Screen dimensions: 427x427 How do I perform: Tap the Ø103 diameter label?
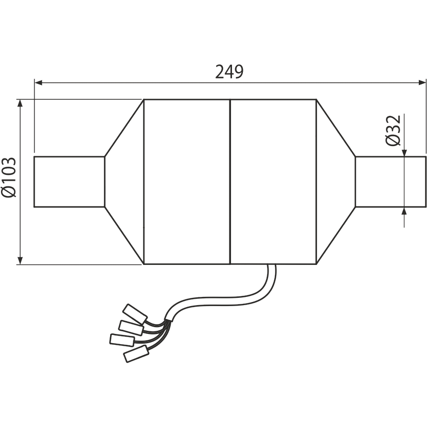click(9, 177)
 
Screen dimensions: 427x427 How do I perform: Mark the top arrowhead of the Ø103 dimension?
click(20, 103)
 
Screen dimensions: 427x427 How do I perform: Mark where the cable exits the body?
click(271, 266)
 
